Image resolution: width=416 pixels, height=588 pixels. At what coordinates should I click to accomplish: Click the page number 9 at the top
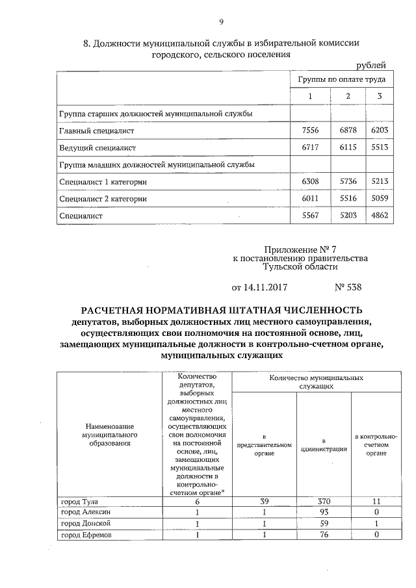click(221, 23)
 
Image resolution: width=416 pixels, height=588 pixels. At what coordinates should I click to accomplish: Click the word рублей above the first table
click(372, 65)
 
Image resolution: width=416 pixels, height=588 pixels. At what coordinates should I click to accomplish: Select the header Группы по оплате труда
click(341, 80)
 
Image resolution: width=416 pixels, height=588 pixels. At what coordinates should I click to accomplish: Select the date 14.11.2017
click(259, 287)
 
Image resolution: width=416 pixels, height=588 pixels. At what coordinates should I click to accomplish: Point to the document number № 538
click(348, 287)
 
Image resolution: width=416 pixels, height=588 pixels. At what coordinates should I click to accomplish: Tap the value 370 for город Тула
click(323, 502)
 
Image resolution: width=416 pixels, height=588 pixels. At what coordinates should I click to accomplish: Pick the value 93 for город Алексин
click(323, 513)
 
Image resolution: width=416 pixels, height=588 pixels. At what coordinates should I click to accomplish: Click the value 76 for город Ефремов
click(323, 535)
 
